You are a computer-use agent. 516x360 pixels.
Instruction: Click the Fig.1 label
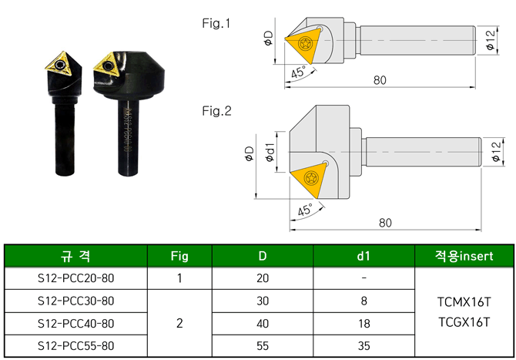click(216, 23)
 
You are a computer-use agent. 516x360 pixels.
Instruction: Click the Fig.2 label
click(216, 112)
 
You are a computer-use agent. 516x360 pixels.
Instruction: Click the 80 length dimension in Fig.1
click(379, 79)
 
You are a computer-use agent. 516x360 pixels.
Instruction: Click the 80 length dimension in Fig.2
click(385, 223)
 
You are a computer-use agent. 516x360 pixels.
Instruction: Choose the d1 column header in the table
click(363, 256)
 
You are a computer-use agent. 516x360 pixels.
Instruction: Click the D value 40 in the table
click(263, 324)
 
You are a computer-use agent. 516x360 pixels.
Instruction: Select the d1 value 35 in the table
click(363, 347)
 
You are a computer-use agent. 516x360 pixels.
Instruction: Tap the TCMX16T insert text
click(464, 301)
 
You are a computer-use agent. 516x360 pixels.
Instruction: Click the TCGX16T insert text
click(464, 321)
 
